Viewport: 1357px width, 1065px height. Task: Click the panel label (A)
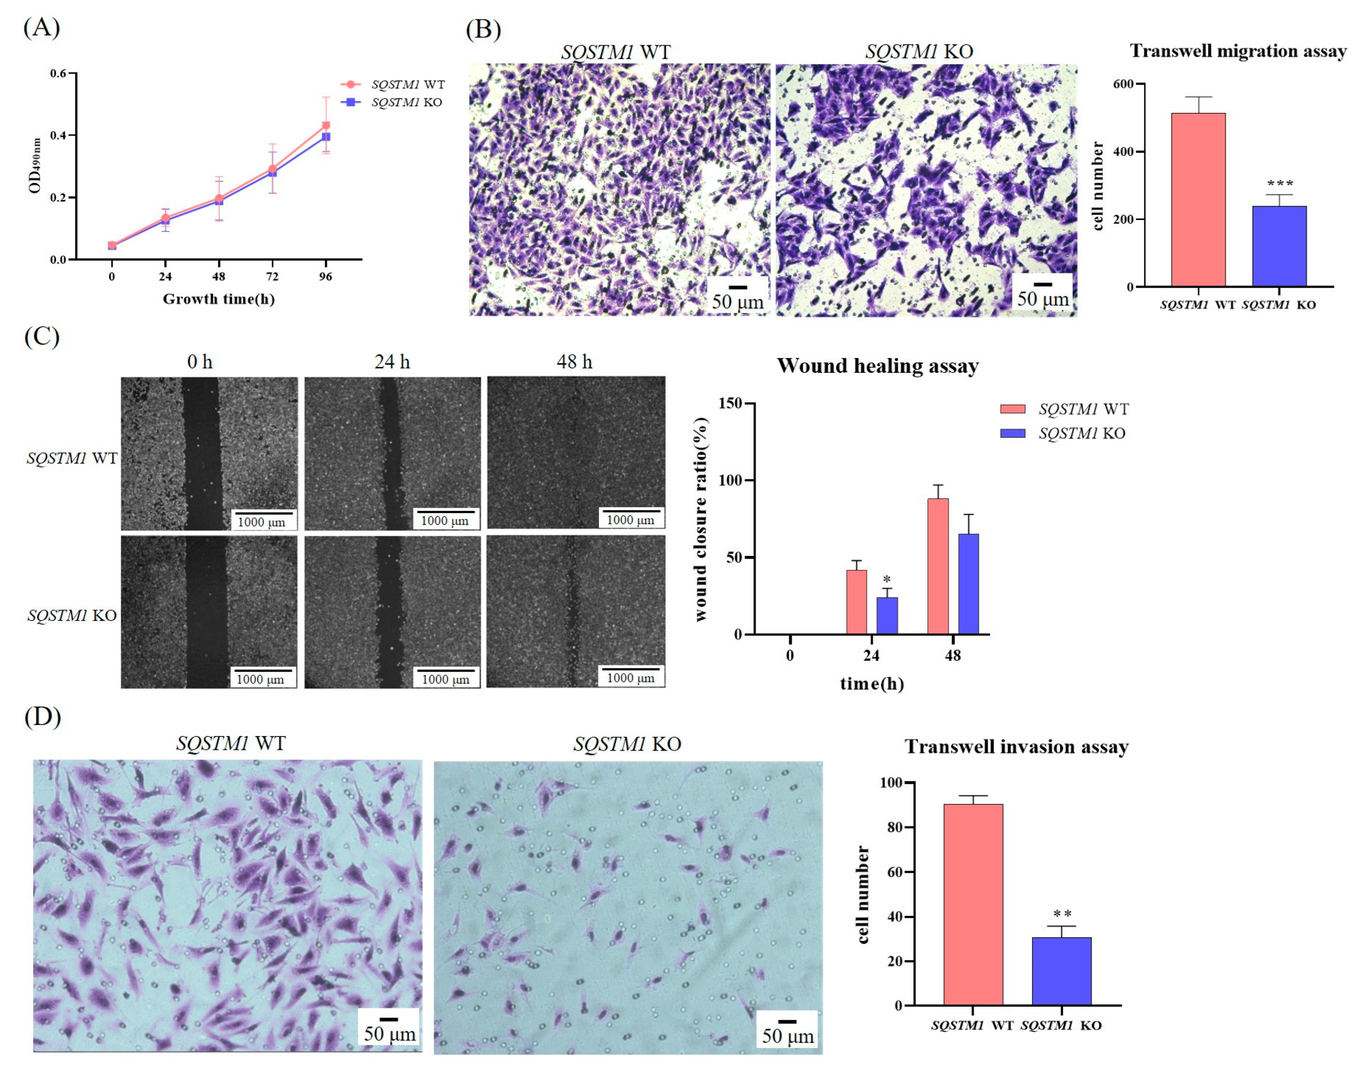click(x=41, y=28)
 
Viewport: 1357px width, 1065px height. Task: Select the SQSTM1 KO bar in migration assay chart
click(x=1279, y=246)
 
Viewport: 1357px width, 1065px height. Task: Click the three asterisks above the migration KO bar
click(x=1280, y=184)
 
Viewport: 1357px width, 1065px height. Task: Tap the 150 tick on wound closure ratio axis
click(x=734, y=404)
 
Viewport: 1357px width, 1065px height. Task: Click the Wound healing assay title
click(x=877, y=366)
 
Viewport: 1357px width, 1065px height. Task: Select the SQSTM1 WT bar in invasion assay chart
click(x=973, y=904)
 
